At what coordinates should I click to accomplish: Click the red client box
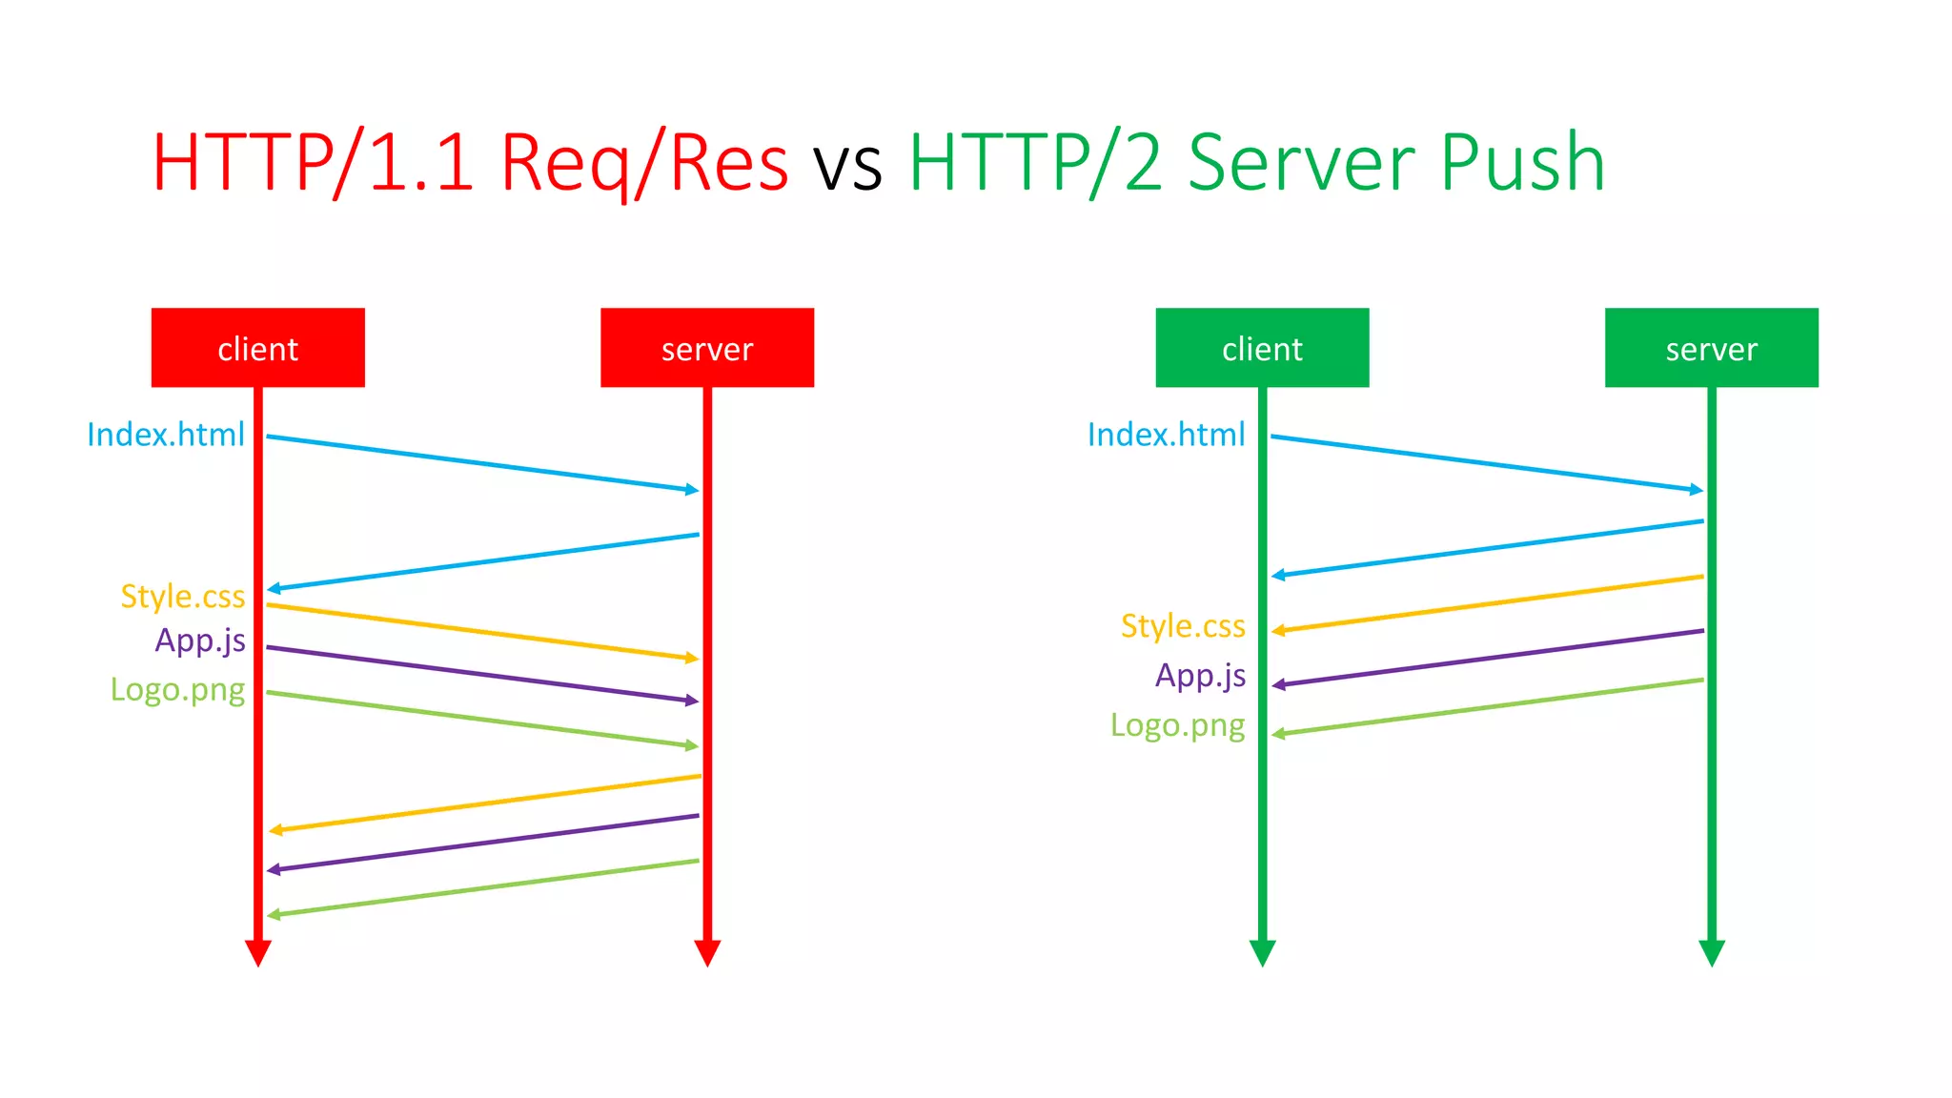pos(257,348)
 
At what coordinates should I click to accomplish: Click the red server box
pos(707,348)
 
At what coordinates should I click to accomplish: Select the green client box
pos(1262,348)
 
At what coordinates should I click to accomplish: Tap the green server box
pos(1711,348)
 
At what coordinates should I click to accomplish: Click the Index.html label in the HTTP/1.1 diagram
pos(166,435)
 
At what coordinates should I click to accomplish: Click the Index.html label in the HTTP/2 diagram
pos(1166,435)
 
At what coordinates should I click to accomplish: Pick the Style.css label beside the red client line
pos(182,597)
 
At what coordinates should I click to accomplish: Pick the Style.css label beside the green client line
pos(1183,626)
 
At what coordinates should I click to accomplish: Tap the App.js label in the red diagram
pos(200,640)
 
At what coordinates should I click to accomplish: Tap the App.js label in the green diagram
pos(1200,676)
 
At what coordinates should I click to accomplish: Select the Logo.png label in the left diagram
pos(177,689)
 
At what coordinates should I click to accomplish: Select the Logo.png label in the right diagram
pos(1177,725)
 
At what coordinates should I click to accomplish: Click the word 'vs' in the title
pos(847,163)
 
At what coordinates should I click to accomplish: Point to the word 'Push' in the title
pos(1522,163)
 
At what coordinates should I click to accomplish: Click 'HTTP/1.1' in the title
pos(313,163)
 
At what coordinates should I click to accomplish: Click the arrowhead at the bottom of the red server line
pos(707,952)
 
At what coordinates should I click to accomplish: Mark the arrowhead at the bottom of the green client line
pos(1262,952)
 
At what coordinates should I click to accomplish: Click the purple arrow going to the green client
pos(1487,658)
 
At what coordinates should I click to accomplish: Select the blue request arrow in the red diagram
pos(482,463)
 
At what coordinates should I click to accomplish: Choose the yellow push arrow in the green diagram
pos(1487,603)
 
